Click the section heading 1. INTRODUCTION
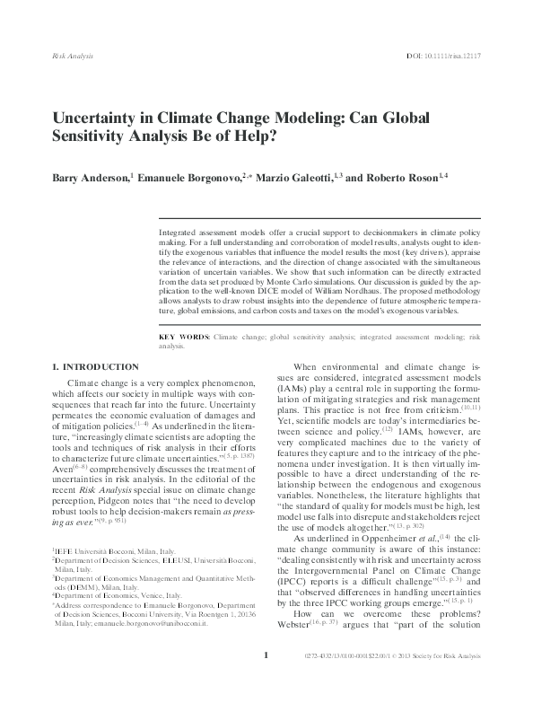tap(95, 367)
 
